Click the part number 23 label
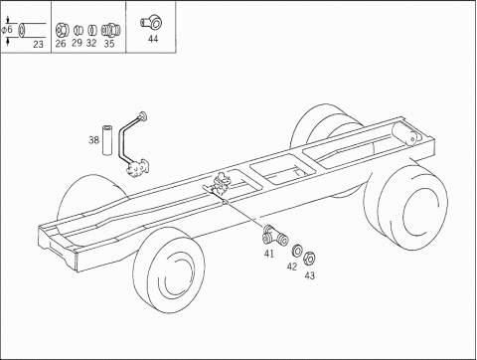(x=38, y=44)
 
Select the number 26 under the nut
(x=61, y=44)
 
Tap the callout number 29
(x=77, y=43)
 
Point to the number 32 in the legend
(x=91, y=43)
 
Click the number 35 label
(x=109, y=44)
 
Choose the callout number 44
(x=153, y=39)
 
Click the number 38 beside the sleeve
(x=93, y=140)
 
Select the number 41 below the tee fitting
(x=269, y=254)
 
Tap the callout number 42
(x=292, y=267)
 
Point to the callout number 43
(x=310, y=275)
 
